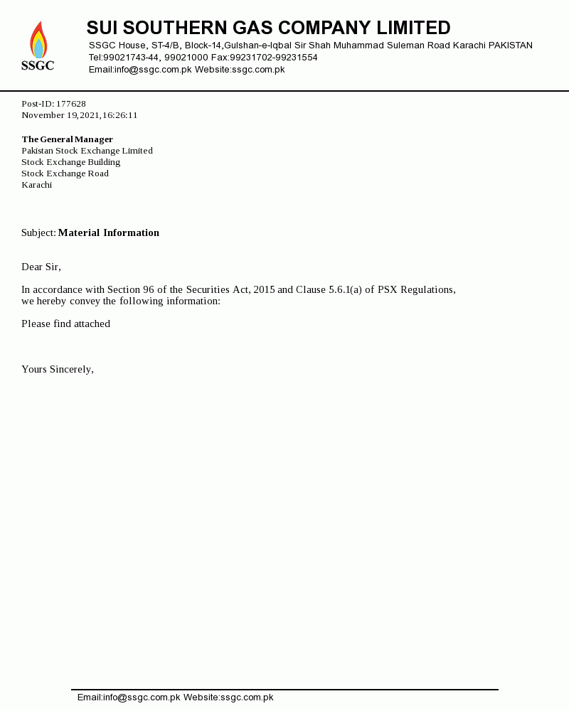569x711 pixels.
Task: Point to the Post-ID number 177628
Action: [71, 104]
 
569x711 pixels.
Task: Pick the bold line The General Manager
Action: [68, 139]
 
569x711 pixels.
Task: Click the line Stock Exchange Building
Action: [71, 162]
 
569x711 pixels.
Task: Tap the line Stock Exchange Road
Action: [65, 173]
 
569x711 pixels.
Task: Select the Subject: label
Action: [38, 233]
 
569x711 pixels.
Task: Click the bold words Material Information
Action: [109, 233]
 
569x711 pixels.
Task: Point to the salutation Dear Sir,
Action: [41, 267]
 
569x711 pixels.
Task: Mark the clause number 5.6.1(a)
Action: [345, 290]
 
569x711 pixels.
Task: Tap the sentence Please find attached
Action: [66, 324]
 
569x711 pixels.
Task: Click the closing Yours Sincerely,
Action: [58, 370]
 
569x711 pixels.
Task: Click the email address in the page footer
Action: [129, 697]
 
